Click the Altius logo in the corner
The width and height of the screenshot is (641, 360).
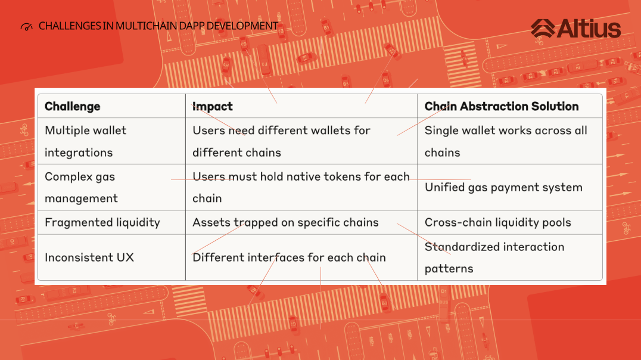pyautogui.click(x=575, y=28)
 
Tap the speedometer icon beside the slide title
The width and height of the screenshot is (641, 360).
pyautogui.click(x=27, y=27)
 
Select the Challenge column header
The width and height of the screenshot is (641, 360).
pyautogui.click(x=72, y=106)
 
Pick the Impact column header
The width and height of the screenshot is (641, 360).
pyautogui.click(x=213, y=106)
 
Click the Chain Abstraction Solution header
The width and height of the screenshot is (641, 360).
pyautogui.click(x=502, y=106)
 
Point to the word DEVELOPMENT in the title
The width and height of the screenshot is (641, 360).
pyautogui.click(x=242, y=26)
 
